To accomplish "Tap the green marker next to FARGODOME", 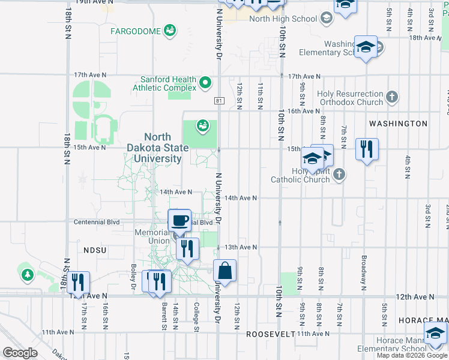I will [170, 29].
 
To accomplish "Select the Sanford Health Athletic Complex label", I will [168, 83].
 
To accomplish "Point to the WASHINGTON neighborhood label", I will [398, 124].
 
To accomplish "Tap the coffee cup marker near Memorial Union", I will [179, 221].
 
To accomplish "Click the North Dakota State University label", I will [154, 147].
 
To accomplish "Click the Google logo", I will [20, 353].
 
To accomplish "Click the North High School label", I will [283, 19].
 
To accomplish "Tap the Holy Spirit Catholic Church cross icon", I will [340, 174].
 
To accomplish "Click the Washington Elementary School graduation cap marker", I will [365, 47].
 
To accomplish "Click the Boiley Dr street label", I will [133, 274].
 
